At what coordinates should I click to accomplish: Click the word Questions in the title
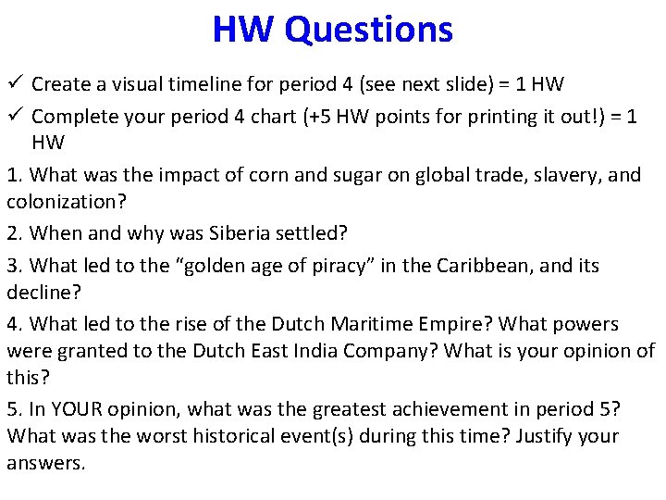[x=369, y=29]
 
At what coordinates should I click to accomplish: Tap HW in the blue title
[x=243, y=29]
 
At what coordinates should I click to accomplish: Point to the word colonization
[x=59, y=201]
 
